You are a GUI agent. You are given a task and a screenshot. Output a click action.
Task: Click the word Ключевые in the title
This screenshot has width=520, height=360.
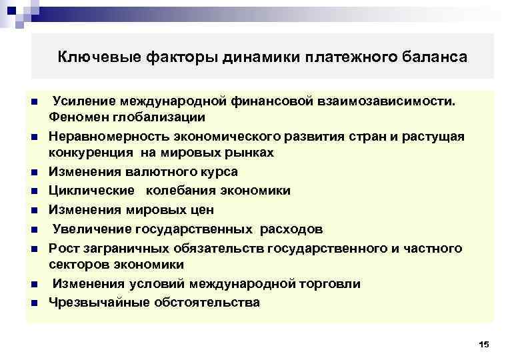(90, 57)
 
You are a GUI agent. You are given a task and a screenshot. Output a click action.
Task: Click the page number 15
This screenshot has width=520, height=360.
(484, 344)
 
